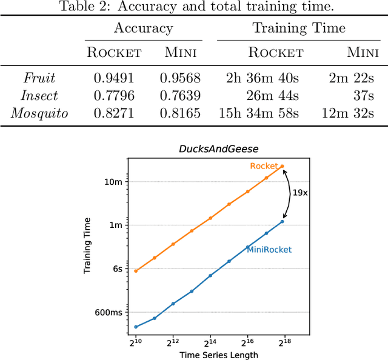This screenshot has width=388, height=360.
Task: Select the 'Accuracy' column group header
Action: (x=144, y=28)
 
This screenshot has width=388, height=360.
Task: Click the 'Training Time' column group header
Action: (x=299, y=28)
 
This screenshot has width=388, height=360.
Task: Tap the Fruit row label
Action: (x=39, y=78)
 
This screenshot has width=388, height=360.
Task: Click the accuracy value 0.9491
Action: (x=113, y=78)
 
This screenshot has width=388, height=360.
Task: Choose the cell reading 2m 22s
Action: (x=358, y=78)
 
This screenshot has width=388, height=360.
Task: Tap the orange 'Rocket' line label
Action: (x=264, y=166)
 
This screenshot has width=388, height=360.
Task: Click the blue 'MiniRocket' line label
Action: (x=269, y=249)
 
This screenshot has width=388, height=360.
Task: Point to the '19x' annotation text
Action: (x=299, y=192)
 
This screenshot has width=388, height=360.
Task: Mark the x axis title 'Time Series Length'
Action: (x=209, y=355)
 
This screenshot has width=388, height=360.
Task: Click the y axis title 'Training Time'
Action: (x=88, y=245)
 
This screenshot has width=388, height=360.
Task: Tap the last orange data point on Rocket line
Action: (x=282, y=166)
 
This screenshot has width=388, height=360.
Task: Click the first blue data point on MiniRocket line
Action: (x=136, y=327)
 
